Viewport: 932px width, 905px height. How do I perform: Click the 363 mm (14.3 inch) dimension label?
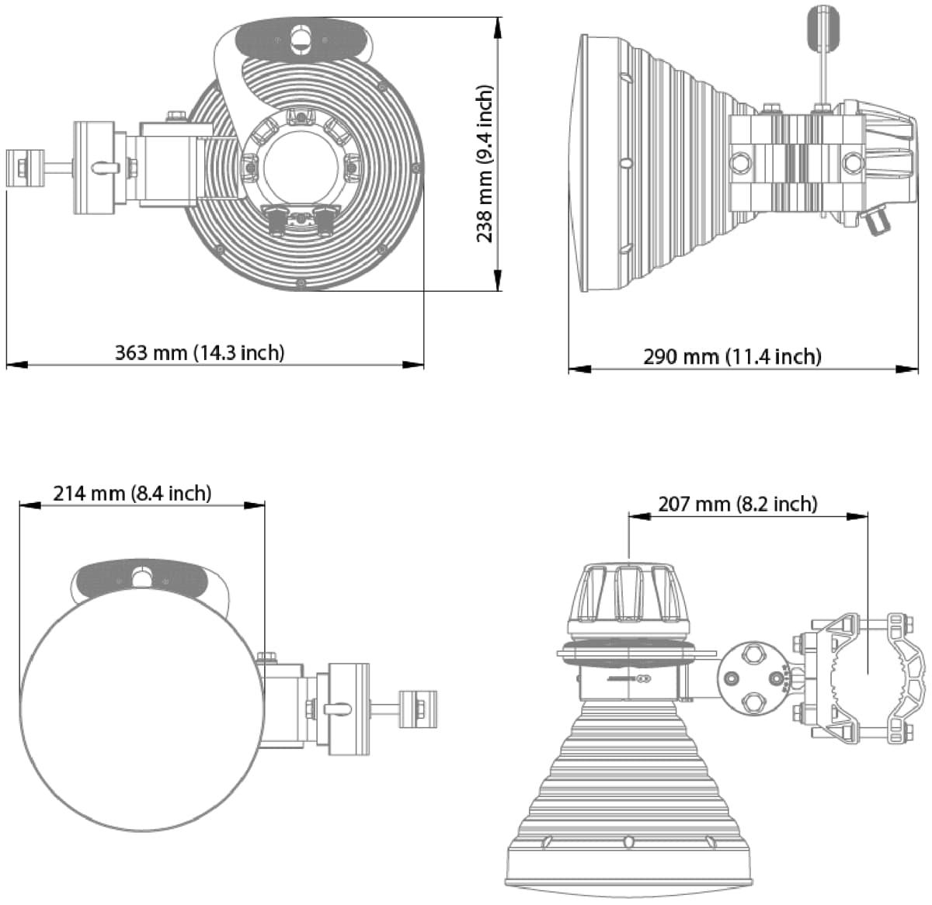(x=200, y=352)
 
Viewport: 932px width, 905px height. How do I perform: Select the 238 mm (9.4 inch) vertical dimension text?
(x=485, y=164)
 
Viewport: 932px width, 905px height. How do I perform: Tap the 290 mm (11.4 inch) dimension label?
(x=732, y=356)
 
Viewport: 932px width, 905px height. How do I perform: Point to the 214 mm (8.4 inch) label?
(x=132, y=493)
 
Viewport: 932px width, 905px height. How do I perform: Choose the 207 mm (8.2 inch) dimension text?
(x=737, y=504)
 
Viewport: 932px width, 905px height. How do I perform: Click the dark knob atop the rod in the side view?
(x=824, y=28)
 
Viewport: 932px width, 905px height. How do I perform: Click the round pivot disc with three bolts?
(x=751, y=678)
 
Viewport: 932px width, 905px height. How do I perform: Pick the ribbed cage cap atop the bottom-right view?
(x=630, y=595)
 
